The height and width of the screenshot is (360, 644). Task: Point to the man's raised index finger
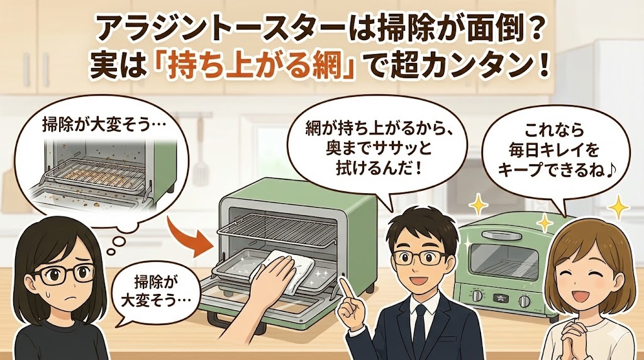point(344,286)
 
